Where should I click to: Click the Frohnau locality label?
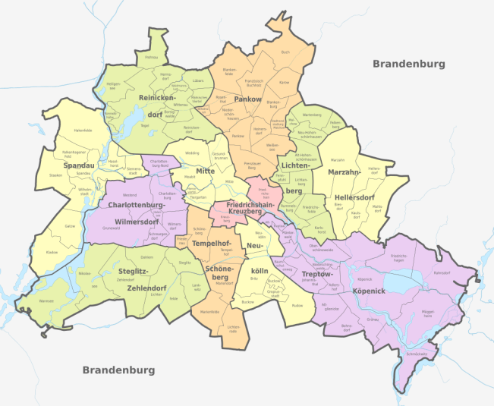click(x=152, y=56)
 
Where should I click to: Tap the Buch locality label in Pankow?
click(x=285, y=52)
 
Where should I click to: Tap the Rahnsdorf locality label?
click(x=442, y=271)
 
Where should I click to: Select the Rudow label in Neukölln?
click(x=297, y=306)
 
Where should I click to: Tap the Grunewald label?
click(x=122, y=227)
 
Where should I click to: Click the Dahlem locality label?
click(x=147, y=258)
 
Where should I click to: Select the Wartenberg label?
click(x=312, y=115)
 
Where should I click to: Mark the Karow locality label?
click(x=285, y=81)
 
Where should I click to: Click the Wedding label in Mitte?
click(x=193, y=153)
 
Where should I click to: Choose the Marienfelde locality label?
click(x=209, y=311)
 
